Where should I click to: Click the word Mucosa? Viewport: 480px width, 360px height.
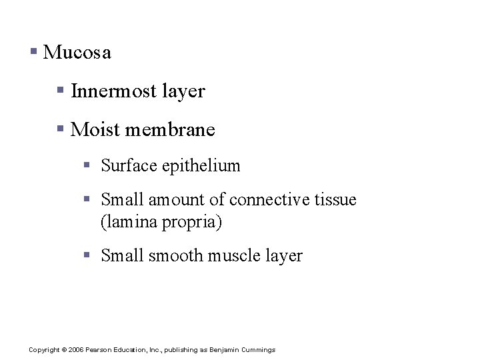tap(77, 53)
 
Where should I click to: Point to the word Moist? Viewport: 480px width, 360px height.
tap(93, 129)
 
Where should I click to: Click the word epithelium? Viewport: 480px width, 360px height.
tap(201, 166)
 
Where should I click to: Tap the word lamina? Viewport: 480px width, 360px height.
tap(131, 222)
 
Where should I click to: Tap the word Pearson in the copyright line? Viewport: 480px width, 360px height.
tap(97, 350)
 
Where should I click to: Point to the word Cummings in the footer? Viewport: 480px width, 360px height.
tap(259, 350)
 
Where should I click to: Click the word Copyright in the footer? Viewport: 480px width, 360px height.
tap(44, 350)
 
